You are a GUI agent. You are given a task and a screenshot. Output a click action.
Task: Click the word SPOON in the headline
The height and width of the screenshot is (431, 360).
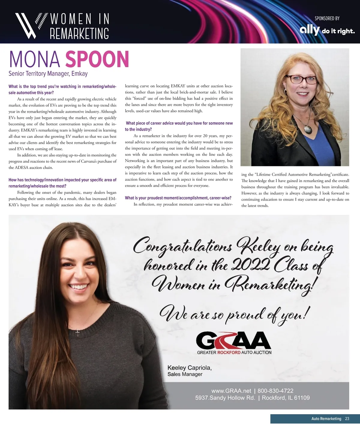click(97, 59)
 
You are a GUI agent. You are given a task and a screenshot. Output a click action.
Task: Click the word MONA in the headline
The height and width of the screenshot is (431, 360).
click(35, 59)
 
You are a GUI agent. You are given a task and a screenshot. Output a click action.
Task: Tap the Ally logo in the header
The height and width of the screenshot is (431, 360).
click(310, 30)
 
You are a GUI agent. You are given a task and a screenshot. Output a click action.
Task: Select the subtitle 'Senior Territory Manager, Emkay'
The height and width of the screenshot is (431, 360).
click(48, 74)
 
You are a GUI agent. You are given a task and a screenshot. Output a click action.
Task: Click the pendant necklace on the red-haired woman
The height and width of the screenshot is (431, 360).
click(308, 129)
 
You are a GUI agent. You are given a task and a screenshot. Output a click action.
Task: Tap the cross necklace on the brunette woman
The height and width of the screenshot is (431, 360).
click(77, 332)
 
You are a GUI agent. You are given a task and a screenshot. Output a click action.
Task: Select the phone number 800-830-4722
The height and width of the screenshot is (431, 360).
click(275, 391)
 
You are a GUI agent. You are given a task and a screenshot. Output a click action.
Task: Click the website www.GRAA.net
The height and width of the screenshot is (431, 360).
click(231, 391)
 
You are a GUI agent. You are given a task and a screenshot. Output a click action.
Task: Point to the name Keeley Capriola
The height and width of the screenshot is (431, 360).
click(189, 368)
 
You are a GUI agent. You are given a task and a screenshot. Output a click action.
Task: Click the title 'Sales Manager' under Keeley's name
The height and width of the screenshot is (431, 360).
click(185, 374)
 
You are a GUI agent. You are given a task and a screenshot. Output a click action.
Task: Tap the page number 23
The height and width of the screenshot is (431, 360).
click(347, 419)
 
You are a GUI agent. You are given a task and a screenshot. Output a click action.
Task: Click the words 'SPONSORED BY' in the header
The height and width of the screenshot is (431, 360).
click(327, 19)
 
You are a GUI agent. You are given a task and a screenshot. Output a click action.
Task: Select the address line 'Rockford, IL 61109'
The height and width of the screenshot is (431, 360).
click(286, 398)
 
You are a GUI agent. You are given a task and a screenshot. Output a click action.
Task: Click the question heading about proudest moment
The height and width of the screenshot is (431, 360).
click(178, 198)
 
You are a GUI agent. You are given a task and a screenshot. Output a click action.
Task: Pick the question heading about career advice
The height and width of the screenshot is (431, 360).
click(179, 126)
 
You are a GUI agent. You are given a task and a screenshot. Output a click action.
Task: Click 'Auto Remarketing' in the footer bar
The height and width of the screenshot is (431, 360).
click(326, 419)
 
